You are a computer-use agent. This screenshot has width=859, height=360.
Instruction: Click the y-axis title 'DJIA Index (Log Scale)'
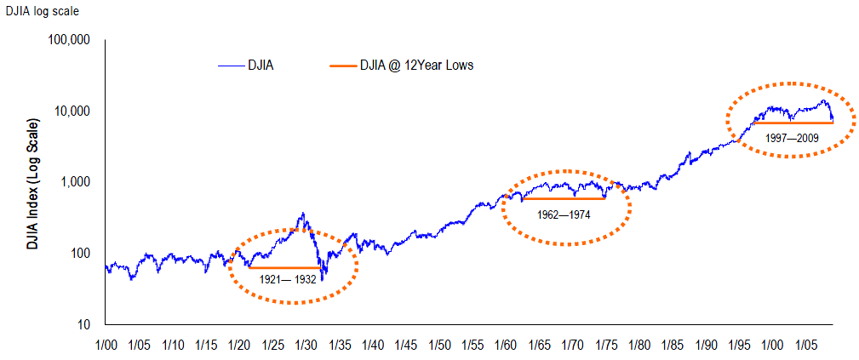[31, 182]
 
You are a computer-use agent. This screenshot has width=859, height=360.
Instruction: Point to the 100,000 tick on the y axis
[71, 40]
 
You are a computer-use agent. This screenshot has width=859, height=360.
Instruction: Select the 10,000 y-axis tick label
[74, 111]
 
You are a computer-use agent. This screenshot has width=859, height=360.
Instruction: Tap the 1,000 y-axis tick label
[77, 182]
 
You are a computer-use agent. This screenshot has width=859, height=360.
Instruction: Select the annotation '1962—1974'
[564, 214]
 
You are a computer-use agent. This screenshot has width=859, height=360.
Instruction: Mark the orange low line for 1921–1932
[283, 267]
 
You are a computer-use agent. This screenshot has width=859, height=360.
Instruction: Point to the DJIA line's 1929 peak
[303, 214]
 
